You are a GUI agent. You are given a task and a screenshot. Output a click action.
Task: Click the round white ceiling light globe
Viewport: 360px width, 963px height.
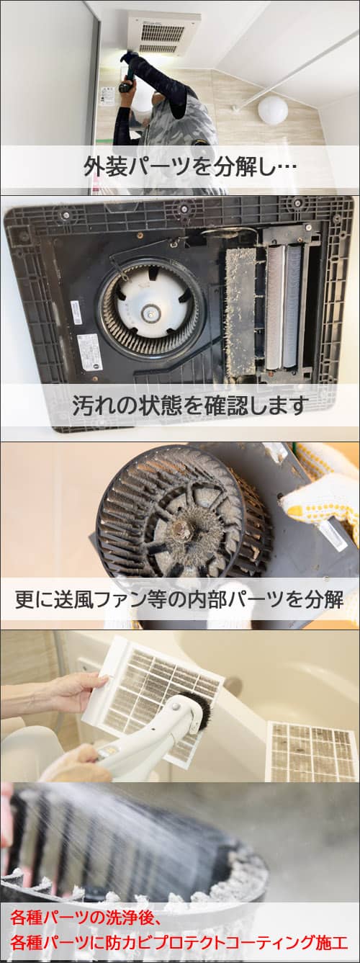point(273,110)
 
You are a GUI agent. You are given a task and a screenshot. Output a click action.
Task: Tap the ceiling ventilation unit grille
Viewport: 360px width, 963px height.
point(163,34)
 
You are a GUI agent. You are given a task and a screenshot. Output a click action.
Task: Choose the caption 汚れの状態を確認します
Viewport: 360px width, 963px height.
point(190,405)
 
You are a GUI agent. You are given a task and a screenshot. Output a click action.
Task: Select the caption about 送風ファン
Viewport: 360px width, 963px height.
point(179,600)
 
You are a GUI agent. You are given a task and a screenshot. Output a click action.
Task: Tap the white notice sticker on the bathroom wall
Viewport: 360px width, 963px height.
point(108,97)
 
